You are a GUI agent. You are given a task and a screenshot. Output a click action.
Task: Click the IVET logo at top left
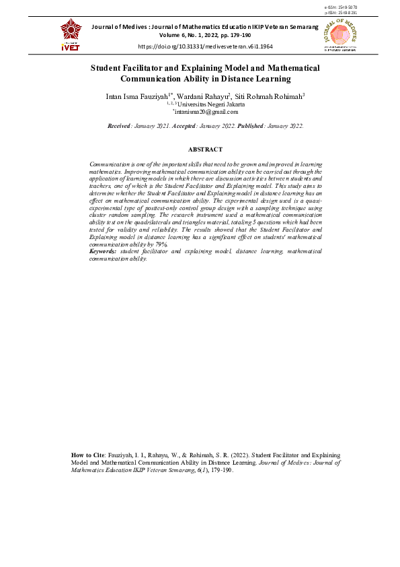[x=71, y=34]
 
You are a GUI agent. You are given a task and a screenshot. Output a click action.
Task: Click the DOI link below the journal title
[x=205, y=47]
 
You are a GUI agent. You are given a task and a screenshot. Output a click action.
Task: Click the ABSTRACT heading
[x=205, y=149]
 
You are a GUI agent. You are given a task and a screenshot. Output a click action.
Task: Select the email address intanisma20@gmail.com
[x=206, y=112]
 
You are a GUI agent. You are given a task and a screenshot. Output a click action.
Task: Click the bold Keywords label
[x=104, y=251]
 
